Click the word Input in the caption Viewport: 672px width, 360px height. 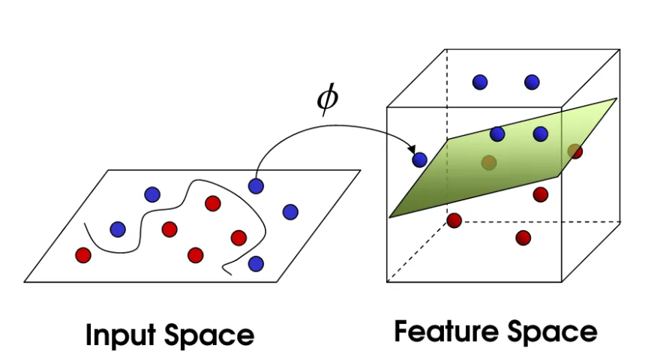121,334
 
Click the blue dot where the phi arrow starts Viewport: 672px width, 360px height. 256,184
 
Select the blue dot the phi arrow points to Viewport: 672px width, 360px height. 419,158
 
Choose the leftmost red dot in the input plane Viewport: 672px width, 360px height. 83,255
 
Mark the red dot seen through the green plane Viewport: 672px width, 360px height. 489,162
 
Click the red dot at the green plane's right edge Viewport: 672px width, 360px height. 574,151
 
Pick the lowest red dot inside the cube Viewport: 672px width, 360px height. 523,238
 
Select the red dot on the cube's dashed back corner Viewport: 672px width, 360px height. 454,220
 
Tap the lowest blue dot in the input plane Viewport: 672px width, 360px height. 256,263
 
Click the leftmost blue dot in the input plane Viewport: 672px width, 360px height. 118,229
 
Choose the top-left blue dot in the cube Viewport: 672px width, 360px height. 480,82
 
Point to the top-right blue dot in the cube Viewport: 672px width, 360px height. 532,81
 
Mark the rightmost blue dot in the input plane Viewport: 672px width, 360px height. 290,211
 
